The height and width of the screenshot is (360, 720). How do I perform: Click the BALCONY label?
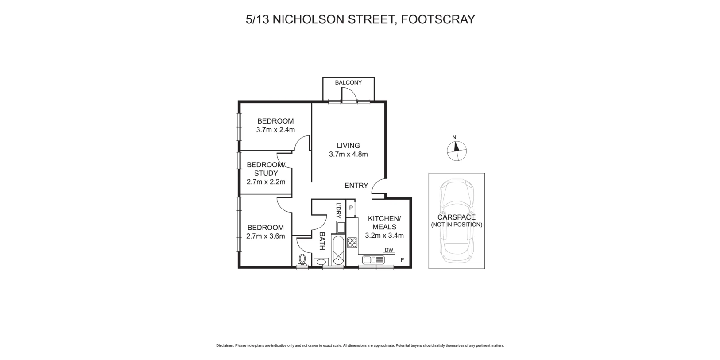(348, 82)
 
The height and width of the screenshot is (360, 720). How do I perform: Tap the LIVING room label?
(348, 145)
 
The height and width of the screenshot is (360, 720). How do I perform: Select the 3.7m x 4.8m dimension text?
(348, 155)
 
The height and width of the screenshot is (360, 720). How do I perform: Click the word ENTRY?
(356, 186)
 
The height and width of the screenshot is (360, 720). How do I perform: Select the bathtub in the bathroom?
(338, 250)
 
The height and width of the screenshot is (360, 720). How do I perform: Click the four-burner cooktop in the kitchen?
(352, 243)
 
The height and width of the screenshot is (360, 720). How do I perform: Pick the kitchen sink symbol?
(374, 260)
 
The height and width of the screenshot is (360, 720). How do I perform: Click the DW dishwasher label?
(389, 250)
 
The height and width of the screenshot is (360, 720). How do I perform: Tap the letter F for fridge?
(402, 260)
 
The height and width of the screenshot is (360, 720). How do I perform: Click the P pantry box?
(351, 208)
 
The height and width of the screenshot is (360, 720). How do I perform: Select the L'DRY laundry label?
(338, 211)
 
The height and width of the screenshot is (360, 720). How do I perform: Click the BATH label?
(322, 241)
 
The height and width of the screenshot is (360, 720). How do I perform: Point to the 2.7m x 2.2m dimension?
(266, 182)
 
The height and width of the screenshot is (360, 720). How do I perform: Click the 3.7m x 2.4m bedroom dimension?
(275, 130)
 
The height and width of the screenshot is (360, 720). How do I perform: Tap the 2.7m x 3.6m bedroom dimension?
(265, 236)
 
